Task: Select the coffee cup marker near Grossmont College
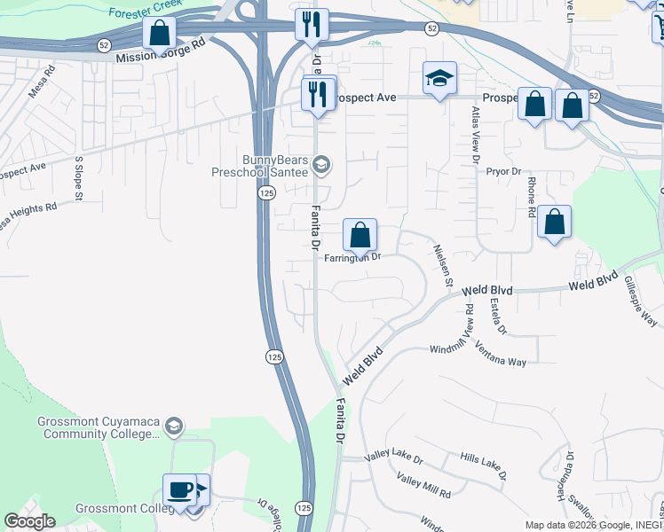(x=179, y=489)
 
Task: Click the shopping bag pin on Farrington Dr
(x=360, y=236)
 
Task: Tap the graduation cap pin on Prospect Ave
(x=439, y=79)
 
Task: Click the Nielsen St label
(x=443, y=266)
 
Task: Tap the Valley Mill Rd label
(x=423, y=485)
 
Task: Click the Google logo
(x=29, y=521)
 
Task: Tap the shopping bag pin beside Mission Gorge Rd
(x=159, y=34)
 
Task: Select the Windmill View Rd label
(x=469, y=325)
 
